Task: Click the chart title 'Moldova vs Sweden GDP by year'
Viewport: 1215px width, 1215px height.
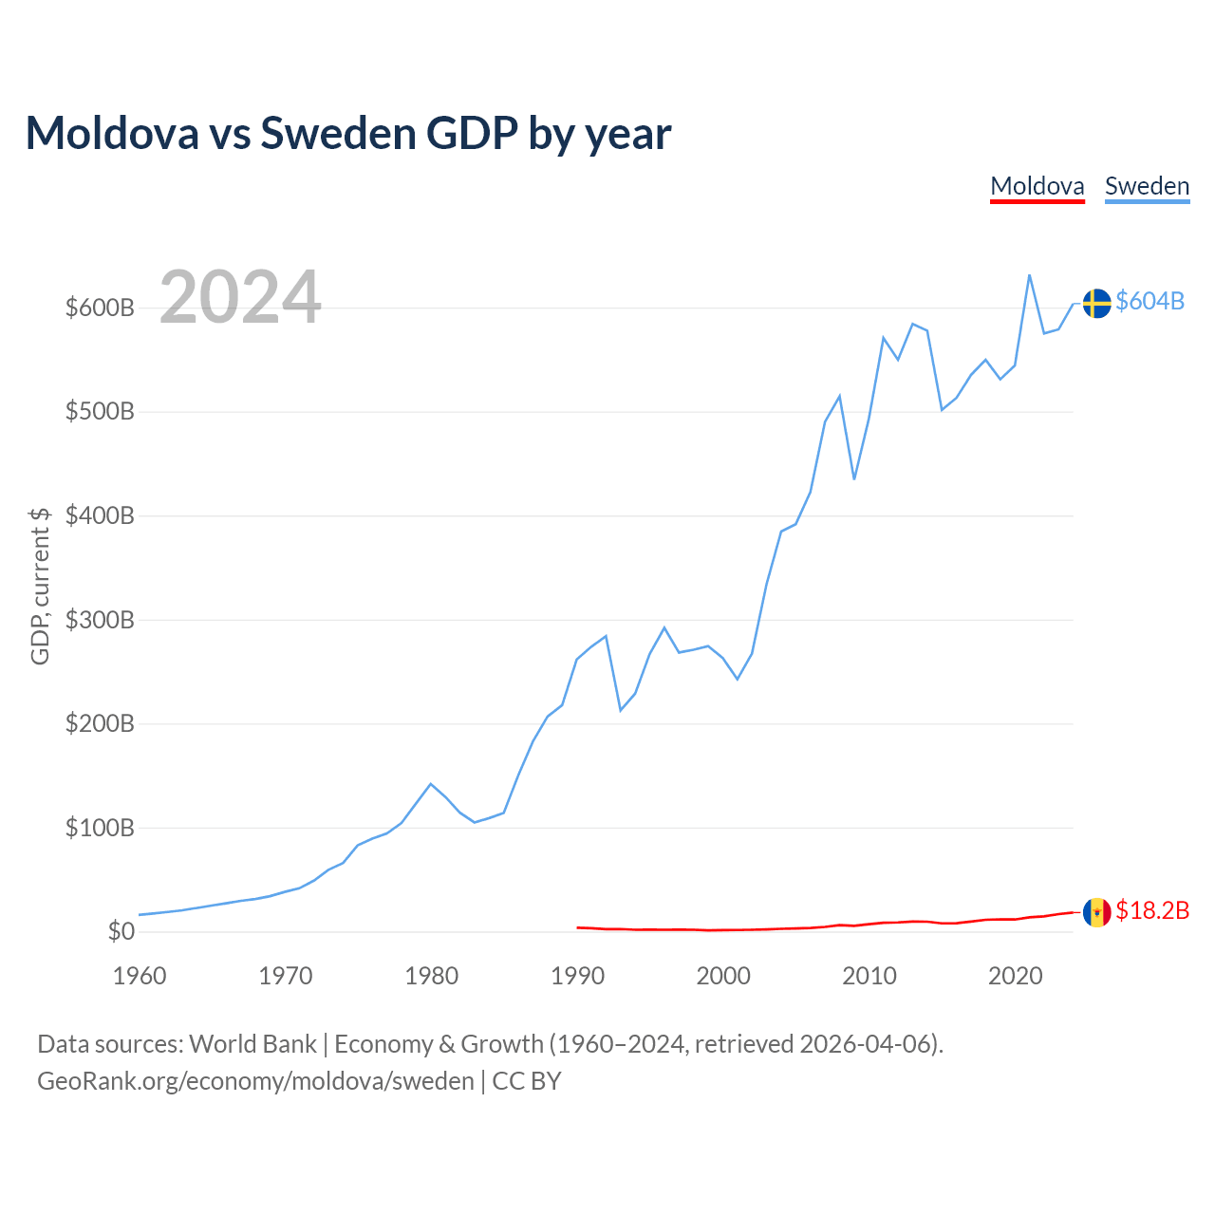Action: coord(348,133)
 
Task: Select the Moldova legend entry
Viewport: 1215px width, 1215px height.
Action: coord(1037,186)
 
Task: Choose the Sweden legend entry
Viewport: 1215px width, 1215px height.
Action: coord(1147,186)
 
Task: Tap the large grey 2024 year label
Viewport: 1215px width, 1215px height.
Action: coord(240,297)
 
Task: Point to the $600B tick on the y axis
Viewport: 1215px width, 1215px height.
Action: coord(100,308)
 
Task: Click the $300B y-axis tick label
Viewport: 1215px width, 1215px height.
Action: coord(100,620)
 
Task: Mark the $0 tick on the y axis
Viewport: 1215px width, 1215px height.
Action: coord(121,931)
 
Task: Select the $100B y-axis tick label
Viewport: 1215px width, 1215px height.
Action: coord(100,828)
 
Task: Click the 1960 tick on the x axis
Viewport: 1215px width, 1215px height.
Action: coord(140,976)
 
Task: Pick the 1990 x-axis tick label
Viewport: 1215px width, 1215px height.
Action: coord(577,976)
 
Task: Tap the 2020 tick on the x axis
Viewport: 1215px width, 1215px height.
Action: coord(1015,976)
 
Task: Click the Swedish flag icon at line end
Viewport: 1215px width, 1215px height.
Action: coord(1096,303)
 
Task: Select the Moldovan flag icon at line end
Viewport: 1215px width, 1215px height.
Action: coord(1096,912)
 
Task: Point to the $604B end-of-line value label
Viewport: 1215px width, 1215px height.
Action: coord(1150,301)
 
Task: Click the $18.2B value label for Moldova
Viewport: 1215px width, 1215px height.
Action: coord(1152,910)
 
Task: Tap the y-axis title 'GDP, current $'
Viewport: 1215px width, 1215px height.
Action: coord(39,586)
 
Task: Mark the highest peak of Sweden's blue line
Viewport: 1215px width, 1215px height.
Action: coord(1029,275)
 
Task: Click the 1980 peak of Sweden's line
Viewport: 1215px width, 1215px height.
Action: coord(431,784)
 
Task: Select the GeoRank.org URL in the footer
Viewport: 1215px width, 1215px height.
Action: coord(255,1081)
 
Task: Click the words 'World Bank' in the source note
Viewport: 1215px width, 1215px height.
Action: coord(252,1044)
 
